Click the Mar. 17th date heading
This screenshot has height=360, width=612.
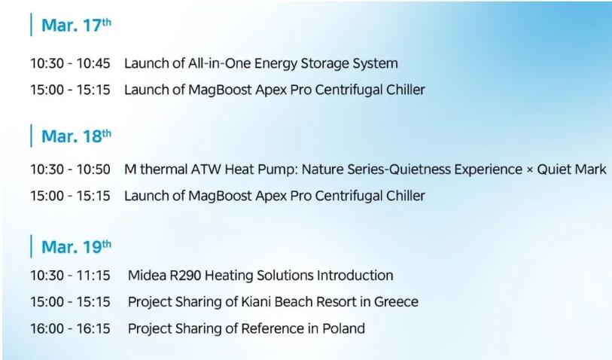[x=76, y=25]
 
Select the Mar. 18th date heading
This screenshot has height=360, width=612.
[x=76, y=136]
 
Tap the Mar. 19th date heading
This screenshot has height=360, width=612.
[x=76, y=247]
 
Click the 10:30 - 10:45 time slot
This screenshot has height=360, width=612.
[x=70, y=63]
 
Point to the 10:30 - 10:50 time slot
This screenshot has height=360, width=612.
[x=70, y=169]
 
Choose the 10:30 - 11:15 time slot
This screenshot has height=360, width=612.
[x=70, y=275]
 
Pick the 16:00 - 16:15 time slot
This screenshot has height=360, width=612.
[x=70, y=328]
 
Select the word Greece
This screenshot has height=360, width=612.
[x=396, y=302]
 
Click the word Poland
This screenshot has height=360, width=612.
[x=343, y=328]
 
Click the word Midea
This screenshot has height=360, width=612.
[x=147, y=275]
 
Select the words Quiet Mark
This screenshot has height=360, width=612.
[x=572, y=169]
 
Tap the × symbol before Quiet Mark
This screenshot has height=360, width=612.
[x=530, y=170]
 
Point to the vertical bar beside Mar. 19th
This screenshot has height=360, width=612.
[x=31, y=246]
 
